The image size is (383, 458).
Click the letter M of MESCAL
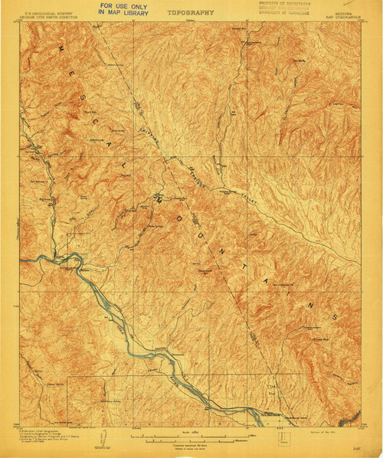59,50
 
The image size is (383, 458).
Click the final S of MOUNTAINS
335,316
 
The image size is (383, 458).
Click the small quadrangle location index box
285,438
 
